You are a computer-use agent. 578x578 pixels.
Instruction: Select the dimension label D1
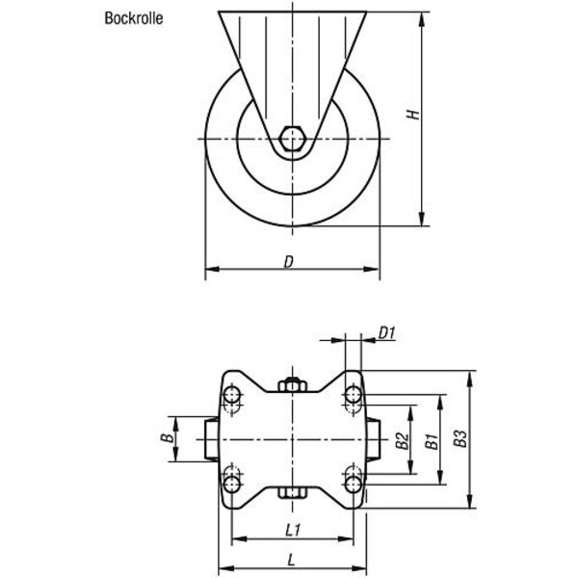click(x=387, y=334)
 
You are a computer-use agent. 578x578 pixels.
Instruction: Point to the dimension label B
click(x=166, y=439)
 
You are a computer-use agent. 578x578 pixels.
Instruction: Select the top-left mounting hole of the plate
click(x=232, y=395)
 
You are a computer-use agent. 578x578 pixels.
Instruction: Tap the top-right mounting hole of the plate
click(x=354, y=395)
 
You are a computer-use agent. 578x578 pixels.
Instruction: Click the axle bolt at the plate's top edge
click(x=294, y=385)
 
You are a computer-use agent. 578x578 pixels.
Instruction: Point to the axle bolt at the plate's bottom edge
click(x=294, y=494)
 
